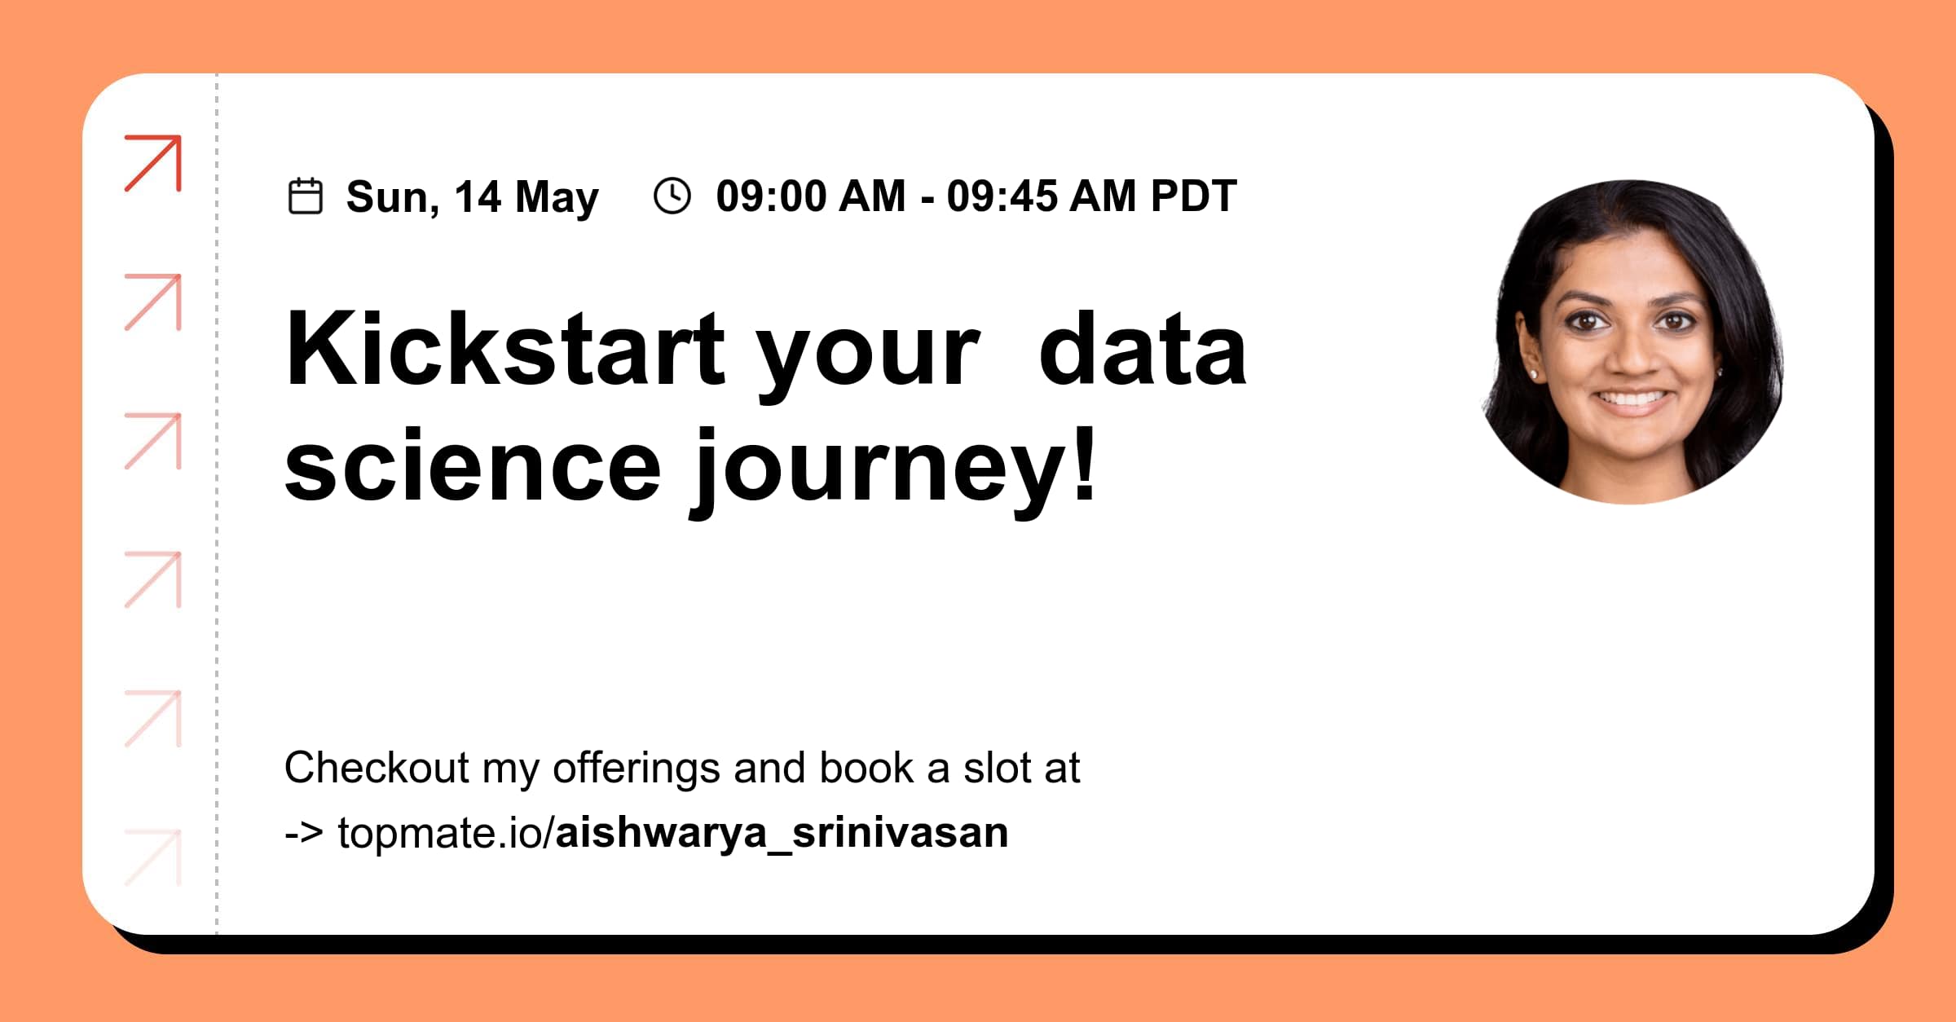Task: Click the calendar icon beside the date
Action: click(x=306, y=196)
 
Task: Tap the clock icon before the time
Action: click(x=672, y=196)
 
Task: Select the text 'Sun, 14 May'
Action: click(x=472, y=197)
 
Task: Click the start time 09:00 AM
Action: click(x=810, y=196)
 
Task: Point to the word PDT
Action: click(x=1193, y=196)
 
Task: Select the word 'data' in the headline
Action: click(x=1143, y=350)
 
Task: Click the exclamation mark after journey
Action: click(x=1085, y=460)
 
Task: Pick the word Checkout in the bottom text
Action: click(x=377, y=768)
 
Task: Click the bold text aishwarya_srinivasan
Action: click(x=781, y=833)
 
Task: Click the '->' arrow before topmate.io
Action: click(x=303, y=833)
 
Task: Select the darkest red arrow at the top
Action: click(x=153, y=163)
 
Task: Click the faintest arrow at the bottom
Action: click(x=153, y=857)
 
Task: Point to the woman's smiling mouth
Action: click(x=1632, y=399)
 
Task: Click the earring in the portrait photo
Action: click(x=1535, y=374)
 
